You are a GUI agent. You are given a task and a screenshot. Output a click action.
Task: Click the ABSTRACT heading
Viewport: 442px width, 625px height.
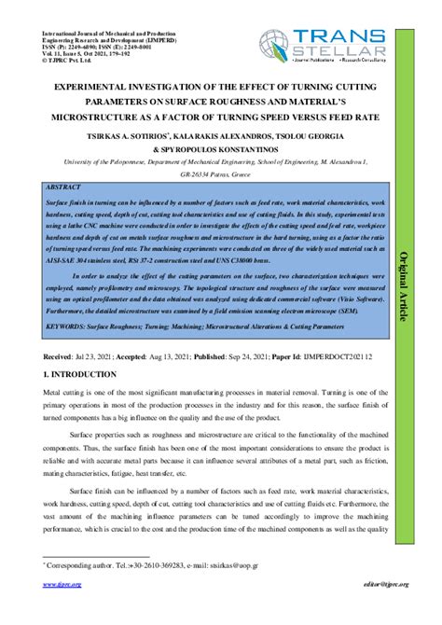(62, 187)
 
